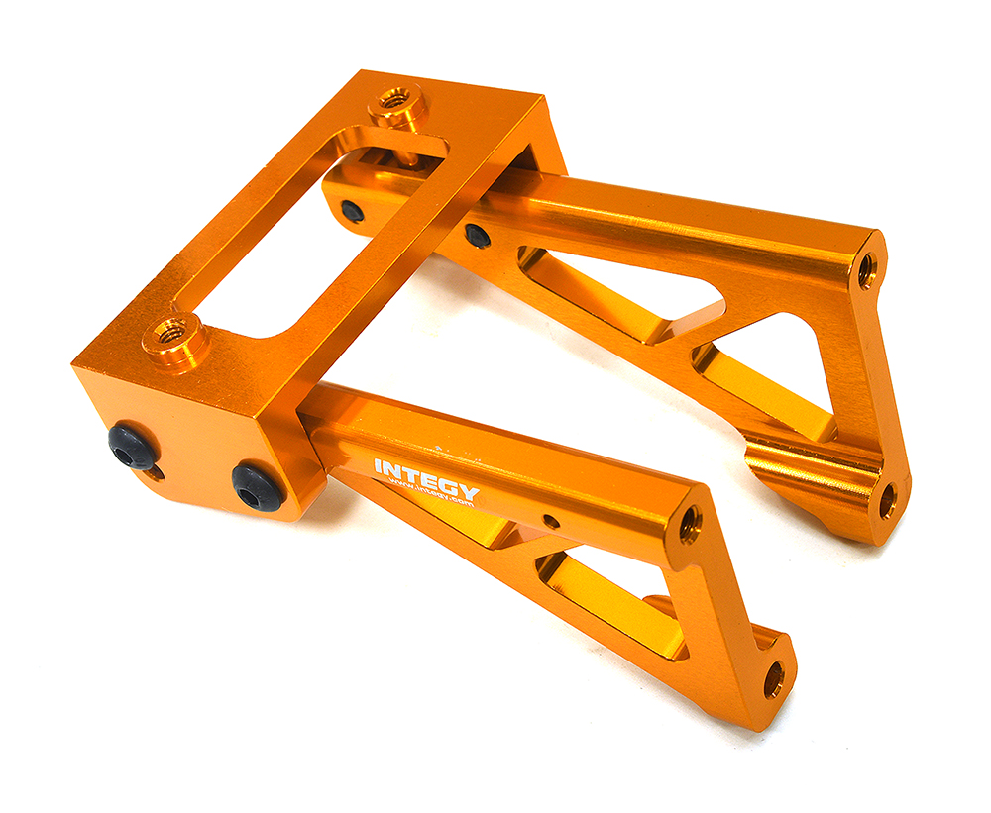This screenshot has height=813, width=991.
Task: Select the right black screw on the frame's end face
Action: tap(258, 487)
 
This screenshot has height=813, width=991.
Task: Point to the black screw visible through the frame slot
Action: tap(352, 211)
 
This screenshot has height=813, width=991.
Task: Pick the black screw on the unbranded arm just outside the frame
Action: tap(478, 236)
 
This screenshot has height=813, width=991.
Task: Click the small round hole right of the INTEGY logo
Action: tap(552, 521)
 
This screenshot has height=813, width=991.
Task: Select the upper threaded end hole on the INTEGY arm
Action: tap(690, 524)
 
